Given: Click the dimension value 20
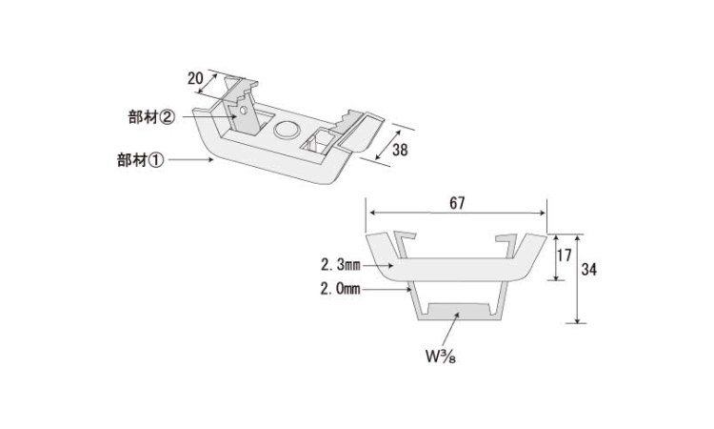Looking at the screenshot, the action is [x=195, y=78].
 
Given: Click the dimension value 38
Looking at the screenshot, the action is [x=400, y=150].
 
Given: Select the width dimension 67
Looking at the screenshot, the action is [x=457, y=203].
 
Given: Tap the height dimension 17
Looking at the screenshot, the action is [x=565, y=255].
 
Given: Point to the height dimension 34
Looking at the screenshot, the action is [x=588, y=270].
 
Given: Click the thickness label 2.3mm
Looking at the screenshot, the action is [x=340, y=264].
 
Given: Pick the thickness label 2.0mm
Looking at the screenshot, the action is [x=340, y=289].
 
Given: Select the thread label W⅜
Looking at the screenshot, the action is [x=441, y=357].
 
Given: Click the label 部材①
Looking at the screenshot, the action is [x=140, y=160].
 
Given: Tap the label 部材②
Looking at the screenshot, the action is [x=151, y=117].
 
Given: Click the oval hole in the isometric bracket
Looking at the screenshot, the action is [x=287, y=130].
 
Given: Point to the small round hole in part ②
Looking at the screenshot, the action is [x=243, y=110].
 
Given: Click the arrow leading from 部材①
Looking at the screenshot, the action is [x=190, y=159].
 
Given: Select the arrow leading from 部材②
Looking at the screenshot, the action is [x=210, y=116].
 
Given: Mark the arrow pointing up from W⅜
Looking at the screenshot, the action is [x=451, y=328].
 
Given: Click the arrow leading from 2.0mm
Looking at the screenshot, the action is [x=387, y=289].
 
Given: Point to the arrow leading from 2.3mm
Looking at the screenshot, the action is [x=378, y=265].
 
